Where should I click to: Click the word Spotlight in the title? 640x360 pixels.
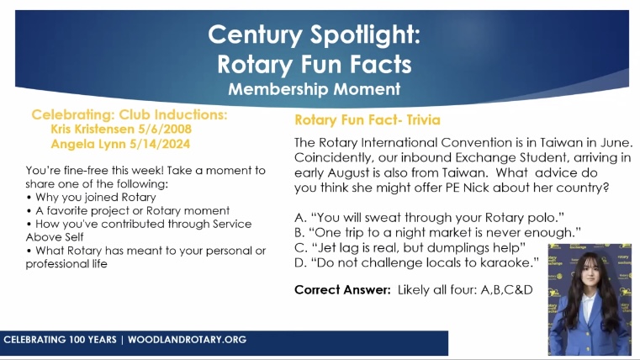tap(365, 34)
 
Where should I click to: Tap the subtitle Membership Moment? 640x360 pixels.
tap(315, 89)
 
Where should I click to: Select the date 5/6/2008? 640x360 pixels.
tap(165, 129)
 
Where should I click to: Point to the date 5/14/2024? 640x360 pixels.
tap(160, 144)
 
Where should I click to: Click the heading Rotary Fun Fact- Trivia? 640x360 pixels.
tap(368, 120)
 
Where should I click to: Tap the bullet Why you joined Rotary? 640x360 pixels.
tap(96, 197)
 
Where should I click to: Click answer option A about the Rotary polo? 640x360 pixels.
tap(429, 218)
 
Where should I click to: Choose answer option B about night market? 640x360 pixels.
tap(437, 233)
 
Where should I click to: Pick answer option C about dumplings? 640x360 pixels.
tap(410, 248)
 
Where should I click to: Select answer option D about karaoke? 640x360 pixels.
tap(416, 262)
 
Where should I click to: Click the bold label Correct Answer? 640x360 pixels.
tap(342, 290)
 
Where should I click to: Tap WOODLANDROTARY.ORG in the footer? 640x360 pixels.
tap(187, 340)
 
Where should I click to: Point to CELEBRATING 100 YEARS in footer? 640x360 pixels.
tap(60, 340)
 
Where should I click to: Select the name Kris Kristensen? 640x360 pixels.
tap(93, 129)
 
